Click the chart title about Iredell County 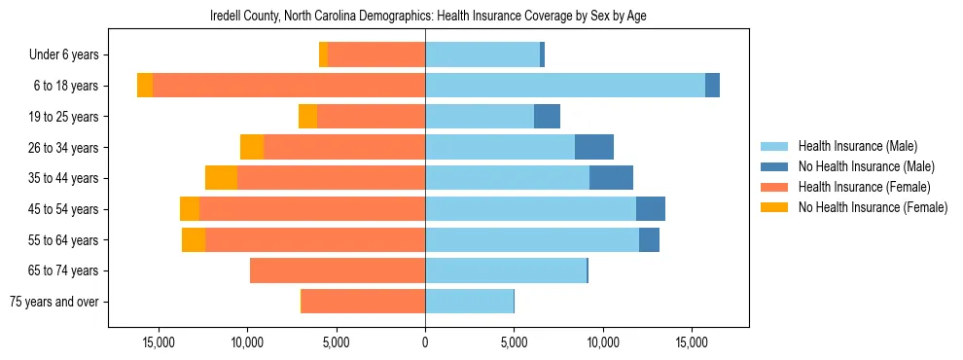click(x=428, y=17)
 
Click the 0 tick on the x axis click(x=425, y=343)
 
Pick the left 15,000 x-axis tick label click(x=159, y=343)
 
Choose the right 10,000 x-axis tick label click(x=603, y=343)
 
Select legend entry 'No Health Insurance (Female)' click(x=873, y=207)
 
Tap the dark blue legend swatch click(x=774, y=166)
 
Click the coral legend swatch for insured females click(x=774, y=187)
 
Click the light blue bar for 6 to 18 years click(x=565, y=86)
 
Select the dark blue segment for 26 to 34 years click(x=594, y=147)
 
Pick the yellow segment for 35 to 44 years click(x=222, y=178)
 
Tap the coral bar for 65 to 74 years click(x=338, y=270)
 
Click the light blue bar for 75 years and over click(x=469, y=302)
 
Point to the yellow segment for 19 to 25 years click(x=307, y=117)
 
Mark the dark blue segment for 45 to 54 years click(x=651, y=209)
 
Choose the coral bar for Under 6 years click(x=376, y=55)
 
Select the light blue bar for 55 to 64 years click(x=532, y=239)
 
